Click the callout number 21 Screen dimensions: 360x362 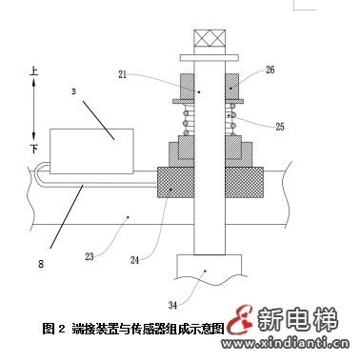point(122,75)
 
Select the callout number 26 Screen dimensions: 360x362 point(270,70)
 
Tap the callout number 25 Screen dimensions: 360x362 point(279,127)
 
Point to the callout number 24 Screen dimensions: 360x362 point(135,260)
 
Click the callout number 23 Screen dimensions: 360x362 point(90,256)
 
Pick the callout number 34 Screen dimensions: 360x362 point(172,306)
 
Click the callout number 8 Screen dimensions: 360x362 point(41,264)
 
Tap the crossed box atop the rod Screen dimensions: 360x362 point(210,38)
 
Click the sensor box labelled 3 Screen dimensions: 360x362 point(91,151)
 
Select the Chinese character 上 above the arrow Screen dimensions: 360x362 point(34,70)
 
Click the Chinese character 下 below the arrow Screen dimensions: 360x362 point(34,149)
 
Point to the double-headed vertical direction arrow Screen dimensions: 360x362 point(34,110)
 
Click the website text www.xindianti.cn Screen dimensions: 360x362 point(285,343)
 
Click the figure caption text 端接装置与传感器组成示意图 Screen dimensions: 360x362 point(148,329)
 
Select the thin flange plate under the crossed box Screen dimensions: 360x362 point(210,57)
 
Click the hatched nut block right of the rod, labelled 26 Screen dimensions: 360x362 point(232,86)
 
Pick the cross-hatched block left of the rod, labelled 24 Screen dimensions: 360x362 point(175,182)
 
